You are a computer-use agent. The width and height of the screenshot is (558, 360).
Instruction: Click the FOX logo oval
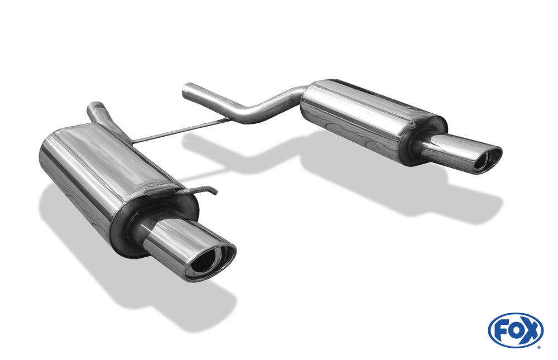click(516, 330)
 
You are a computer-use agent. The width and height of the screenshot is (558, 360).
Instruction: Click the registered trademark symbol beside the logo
click(538, 346)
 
